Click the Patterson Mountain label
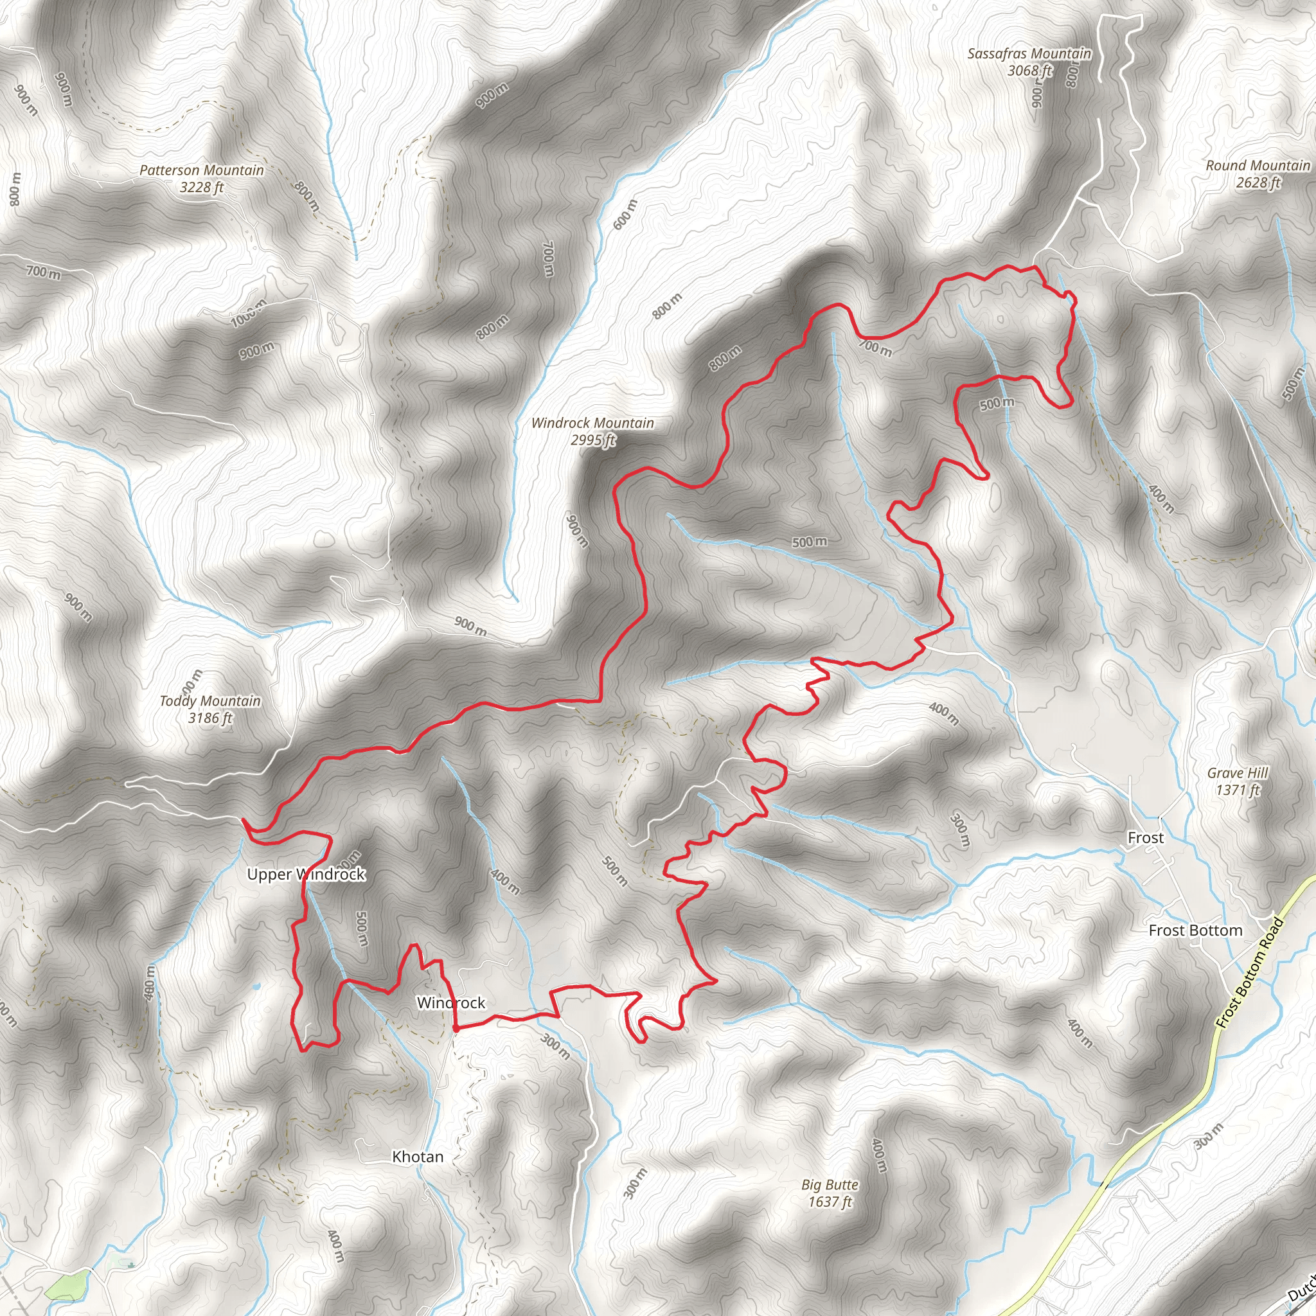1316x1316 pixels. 202,170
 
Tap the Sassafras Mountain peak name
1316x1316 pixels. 1029,54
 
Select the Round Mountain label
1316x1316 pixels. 1258,166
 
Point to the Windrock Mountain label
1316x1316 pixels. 592,423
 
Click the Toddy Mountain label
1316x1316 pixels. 209,701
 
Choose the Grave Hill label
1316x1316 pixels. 1237,773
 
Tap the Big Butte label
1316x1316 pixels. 830,1184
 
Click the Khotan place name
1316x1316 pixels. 418,1157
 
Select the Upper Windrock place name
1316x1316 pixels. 306,874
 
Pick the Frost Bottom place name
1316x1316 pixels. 1195,930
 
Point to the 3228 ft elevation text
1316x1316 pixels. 202,188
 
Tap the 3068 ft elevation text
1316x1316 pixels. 1029,71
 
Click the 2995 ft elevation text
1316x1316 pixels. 592,440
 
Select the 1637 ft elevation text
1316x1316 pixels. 830,1202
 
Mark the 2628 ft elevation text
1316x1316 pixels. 1258,182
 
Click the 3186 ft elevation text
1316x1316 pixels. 209,718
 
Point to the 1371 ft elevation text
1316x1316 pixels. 1238,790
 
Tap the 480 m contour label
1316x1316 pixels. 150,984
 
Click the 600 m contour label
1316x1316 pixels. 625,214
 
